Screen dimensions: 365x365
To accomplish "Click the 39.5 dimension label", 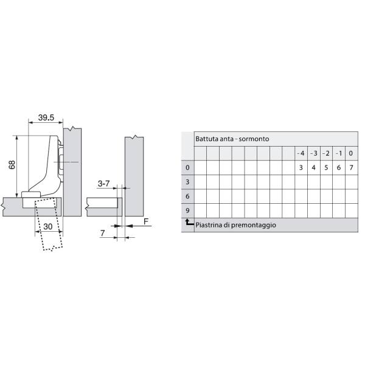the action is tap(46, 117).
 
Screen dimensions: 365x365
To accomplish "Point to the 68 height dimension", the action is tap(12, 165).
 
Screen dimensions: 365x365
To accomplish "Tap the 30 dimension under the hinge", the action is tap(48, 226).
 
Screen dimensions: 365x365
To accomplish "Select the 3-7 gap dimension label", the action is tap(103, 184).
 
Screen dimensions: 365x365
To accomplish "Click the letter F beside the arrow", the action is tap(146, 221).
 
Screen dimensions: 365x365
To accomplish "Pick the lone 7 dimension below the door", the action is tap(102, 233).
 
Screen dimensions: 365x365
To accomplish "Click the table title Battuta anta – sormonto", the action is tap(232, 139).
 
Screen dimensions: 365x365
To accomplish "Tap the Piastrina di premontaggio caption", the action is tap(235, 225).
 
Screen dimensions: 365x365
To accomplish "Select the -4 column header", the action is tap(301, 153).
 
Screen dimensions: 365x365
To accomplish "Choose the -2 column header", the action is tap(326, 153).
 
